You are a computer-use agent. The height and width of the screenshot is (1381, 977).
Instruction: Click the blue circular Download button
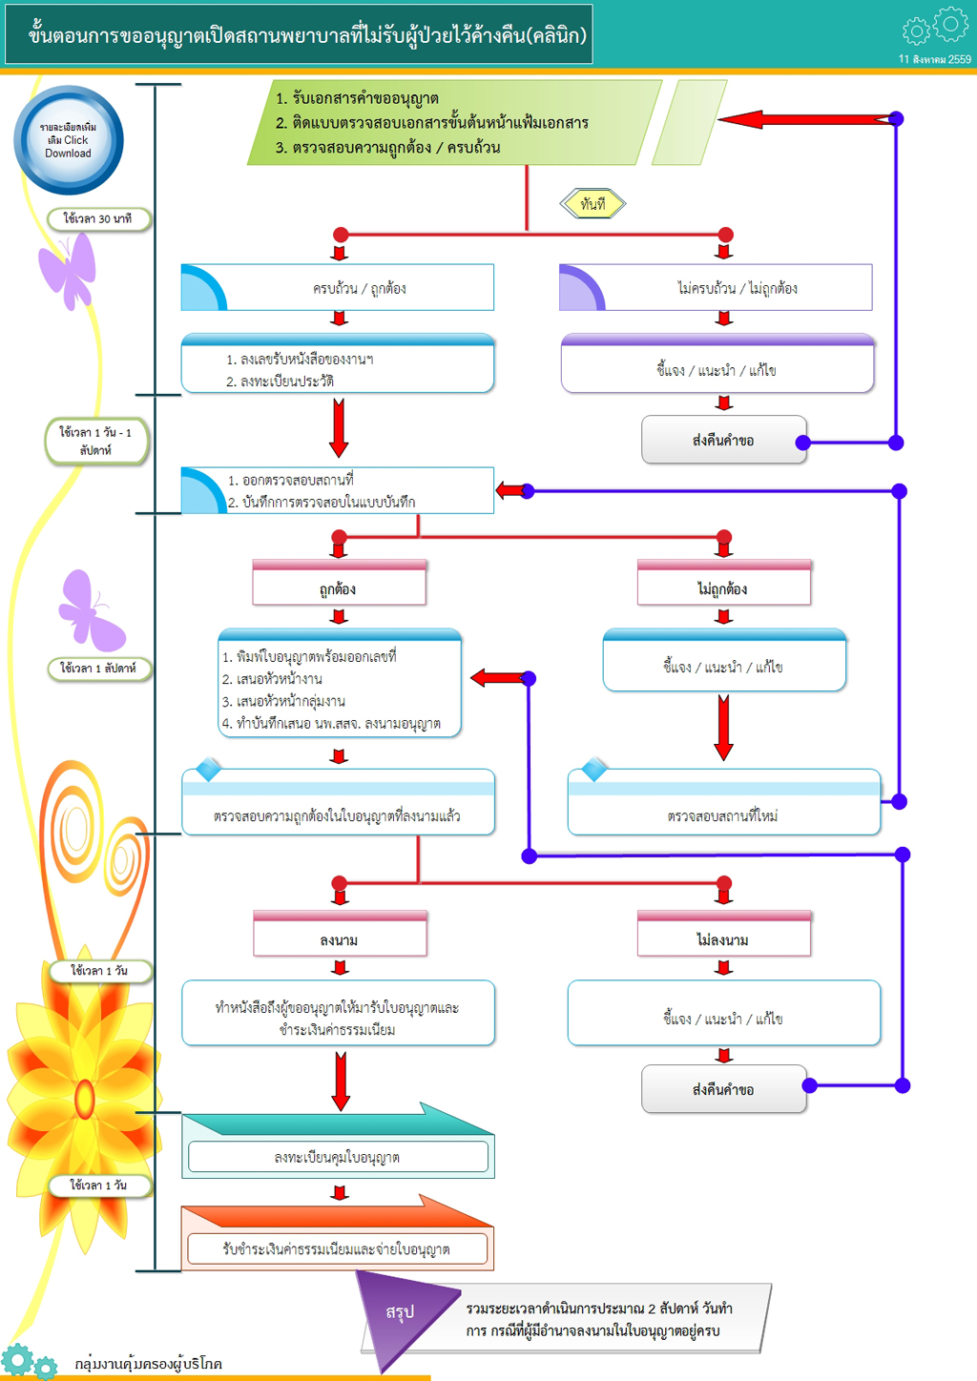coord(68,140)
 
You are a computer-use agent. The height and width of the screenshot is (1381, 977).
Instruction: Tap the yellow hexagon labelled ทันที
coord(592,203)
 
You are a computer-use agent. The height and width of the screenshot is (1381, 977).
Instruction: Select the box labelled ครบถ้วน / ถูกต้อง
coord(338,287)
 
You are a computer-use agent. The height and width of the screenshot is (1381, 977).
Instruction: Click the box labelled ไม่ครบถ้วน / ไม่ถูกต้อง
coord(716,287)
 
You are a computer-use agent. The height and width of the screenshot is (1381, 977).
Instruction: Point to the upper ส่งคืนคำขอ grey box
coord(723,440)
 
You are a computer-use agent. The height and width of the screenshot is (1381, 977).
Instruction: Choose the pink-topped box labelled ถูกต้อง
coord(339,584)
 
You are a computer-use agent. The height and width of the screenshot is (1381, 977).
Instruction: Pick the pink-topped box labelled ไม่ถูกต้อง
coord(723,584)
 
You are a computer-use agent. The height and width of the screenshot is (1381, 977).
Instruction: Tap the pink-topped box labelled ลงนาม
coord(339,935)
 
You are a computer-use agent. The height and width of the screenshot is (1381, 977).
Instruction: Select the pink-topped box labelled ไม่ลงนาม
coord(723,935)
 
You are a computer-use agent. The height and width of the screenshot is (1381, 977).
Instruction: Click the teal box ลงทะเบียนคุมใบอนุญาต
coord(338,1156)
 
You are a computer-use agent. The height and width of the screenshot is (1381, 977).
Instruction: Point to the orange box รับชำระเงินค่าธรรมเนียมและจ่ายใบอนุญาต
coord(337,1247)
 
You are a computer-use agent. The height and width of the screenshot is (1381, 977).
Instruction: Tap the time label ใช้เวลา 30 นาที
coord(97,218)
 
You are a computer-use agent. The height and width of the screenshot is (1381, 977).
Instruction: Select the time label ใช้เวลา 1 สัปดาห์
coord(98,668)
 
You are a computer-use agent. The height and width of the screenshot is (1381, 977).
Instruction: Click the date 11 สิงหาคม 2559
coord(934,59)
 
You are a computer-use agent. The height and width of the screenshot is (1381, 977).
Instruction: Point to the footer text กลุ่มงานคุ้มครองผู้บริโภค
coord(149,1364)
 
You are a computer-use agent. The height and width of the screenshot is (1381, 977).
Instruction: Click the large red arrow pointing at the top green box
coord(801,119)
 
